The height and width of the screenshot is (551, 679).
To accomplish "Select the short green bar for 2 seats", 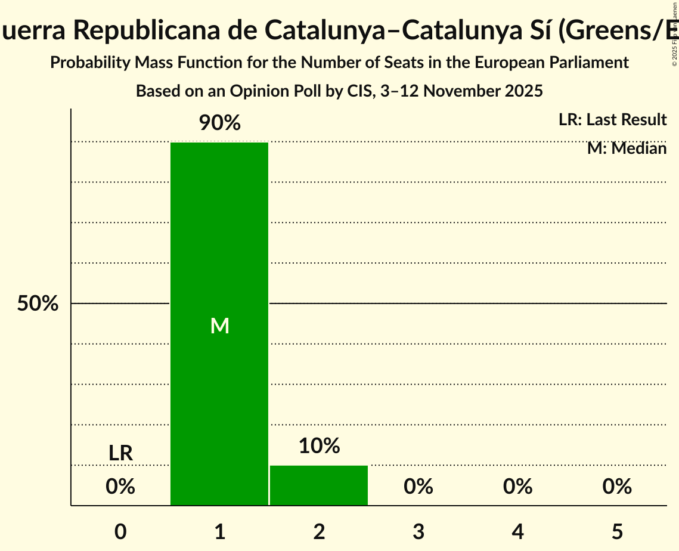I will [319, 485].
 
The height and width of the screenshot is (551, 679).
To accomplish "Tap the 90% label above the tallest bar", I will [219, 123].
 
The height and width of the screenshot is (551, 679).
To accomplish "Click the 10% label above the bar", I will [319, 445].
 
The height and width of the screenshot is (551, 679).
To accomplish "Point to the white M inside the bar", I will [220, 326].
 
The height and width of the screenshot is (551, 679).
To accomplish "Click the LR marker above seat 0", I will [120, 453].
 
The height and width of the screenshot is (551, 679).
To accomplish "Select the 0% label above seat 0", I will [120, 487].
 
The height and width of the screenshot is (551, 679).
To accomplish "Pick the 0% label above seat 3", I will [418, 487].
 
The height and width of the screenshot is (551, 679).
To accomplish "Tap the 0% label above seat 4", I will [517, 487].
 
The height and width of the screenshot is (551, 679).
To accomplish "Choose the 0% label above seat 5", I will [617, 487].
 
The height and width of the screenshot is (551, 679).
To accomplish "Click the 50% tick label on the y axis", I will [38, 304].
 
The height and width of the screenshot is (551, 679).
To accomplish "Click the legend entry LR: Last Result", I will [612, 120].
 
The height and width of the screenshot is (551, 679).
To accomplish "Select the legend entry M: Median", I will [627, 148].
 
